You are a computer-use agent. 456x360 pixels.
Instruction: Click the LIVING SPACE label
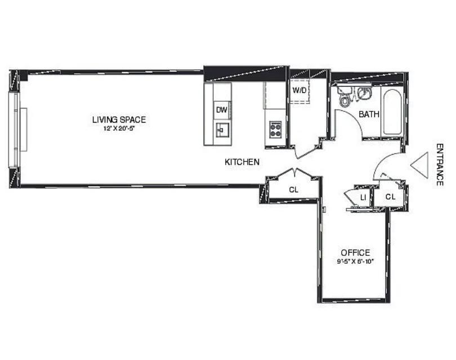point(119,119)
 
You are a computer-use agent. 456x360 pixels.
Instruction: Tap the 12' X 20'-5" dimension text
point(119,128)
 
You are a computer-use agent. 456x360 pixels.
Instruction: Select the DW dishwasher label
point(221,110)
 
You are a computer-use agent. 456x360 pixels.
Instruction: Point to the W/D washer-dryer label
point(299,90)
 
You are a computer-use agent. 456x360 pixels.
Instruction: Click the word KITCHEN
point(242,162)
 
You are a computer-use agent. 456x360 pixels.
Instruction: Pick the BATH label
point(369,114)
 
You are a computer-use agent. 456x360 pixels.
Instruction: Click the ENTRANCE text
point(440,164)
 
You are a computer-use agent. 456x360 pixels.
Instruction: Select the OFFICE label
point(355,253)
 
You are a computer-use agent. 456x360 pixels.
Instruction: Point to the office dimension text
point(355,262)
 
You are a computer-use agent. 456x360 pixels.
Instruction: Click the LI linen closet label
point(364,197)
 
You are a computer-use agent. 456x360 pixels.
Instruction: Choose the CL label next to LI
point(391,197)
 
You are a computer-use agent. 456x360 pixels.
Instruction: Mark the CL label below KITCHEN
point(293,190)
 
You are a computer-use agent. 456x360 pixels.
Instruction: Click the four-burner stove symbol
point(275,130)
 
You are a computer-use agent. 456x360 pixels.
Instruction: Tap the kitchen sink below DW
point(222,130)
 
